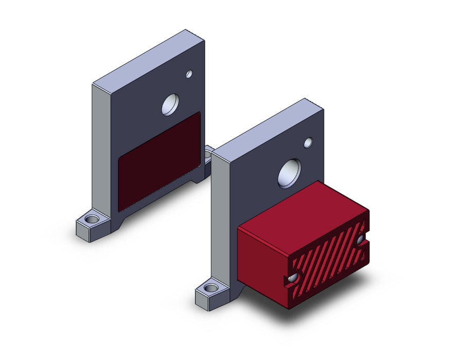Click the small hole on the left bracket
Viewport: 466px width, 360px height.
[x=189, y=74]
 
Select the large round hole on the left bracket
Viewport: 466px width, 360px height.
[x=170, y=104]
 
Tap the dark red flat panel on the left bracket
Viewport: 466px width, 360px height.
[x=159, y=161]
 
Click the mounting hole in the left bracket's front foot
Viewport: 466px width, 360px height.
[x=92, y=220]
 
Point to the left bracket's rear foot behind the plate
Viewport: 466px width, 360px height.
[x=208, y=154]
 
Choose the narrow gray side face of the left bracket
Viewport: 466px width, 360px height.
[x=101, y=149]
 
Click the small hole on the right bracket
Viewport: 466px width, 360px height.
[x=308, y=142]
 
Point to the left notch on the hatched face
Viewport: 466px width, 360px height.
[x=293, y=278]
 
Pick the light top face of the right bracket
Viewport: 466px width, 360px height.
[x=267, y=126]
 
